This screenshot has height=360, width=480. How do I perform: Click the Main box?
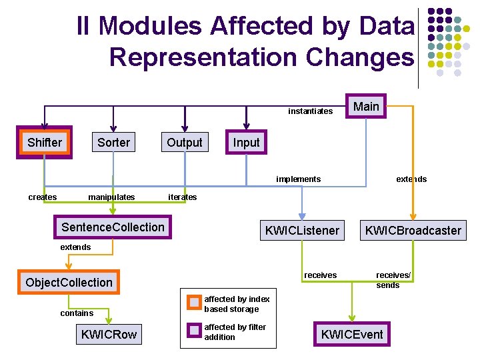(366, 107)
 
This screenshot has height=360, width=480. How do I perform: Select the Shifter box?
(45, 143)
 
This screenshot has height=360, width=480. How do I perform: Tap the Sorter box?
(114, 143)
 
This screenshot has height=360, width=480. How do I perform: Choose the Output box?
(184, 143)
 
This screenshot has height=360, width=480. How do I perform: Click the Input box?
(246, 143)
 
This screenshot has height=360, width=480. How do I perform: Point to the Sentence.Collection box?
(113, 227)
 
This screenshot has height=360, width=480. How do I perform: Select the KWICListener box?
(302, 231)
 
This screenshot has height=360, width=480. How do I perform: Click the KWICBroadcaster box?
(412, 231)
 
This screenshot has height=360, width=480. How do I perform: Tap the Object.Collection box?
(69, 282)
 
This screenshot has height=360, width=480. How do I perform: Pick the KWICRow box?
(109, 334)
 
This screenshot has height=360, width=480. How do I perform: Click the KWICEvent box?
(352, 334)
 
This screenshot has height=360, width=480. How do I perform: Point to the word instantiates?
(310, 111)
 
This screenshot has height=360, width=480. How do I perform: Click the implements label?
(298, 179)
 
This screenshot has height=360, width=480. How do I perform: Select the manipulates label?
(111, 197)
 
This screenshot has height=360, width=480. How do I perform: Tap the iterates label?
(182, 197)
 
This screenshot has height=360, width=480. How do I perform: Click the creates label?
(43, 197)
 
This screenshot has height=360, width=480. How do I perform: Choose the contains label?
(77, 313)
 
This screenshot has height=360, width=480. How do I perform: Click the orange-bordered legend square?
(194, 303)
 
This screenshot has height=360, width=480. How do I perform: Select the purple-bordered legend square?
(194, 330)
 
